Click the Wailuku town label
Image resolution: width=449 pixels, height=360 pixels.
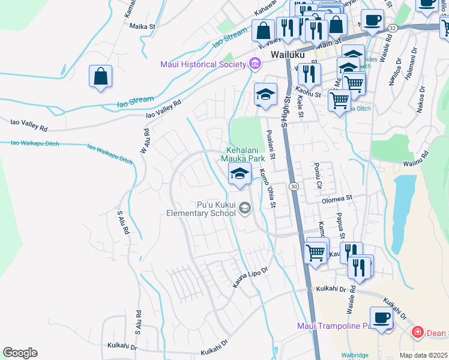[x=288, y=54]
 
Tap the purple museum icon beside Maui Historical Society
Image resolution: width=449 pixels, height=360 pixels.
[x=255, y=64]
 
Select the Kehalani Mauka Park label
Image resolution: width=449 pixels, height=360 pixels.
[x=245, y=154]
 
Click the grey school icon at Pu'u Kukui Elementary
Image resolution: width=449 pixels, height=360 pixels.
[x=244, y=208]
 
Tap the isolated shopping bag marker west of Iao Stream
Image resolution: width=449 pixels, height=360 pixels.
[x=101, y=77]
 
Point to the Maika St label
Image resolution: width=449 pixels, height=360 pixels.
[x=142, y=26]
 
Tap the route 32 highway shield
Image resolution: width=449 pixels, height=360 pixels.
[x=392, y=28]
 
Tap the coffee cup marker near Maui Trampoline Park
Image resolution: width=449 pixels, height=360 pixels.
[x=381, y=317]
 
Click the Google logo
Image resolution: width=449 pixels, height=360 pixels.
[x=20, y=353]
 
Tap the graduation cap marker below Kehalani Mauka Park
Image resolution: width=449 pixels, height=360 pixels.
[x=240, y=175]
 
